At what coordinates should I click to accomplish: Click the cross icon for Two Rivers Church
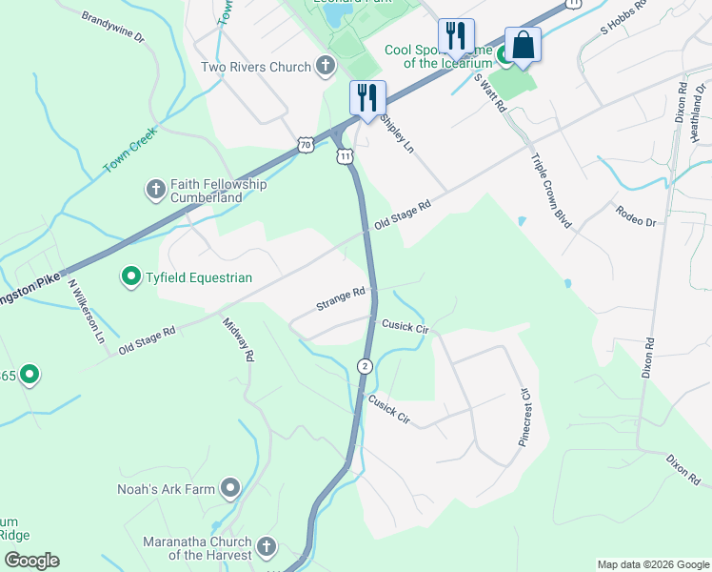pos(326,67)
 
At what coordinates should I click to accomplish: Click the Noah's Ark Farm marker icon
pos(229,489)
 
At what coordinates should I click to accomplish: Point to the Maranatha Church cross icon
pos(267,547)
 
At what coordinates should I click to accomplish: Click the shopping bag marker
pos(523,45)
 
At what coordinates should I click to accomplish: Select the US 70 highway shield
pos(304,145)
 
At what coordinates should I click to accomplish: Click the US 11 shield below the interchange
pos(345,156)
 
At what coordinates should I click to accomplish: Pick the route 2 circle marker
pos(365,366)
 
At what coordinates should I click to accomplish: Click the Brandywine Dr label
pos(112,29)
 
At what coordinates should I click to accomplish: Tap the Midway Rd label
pos(239,339)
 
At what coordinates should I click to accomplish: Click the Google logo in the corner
pos(31,561)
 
